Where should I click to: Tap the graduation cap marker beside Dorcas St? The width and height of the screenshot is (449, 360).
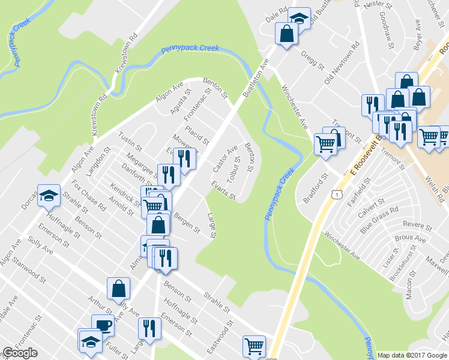[x=49, y=196]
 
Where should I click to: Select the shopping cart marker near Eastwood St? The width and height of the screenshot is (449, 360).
[x=254, y=346]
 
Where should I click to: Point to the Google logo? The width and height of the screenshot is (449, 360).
[x=20, y=353]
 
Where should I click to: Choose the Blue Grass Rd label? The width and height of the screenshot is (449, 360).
[x=379, y=220]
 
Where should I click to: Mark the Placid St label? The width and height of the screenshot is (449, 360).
[x=196, y=136]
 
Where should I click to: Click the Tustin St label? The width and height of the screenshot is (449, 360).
[x=130, y=142]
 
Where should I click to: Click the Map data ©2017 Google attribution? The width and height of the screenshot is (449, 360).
[x=412, y=355]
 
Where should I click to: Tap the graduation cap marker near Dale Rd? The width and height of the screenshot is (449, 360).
[x=299, y=19]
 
